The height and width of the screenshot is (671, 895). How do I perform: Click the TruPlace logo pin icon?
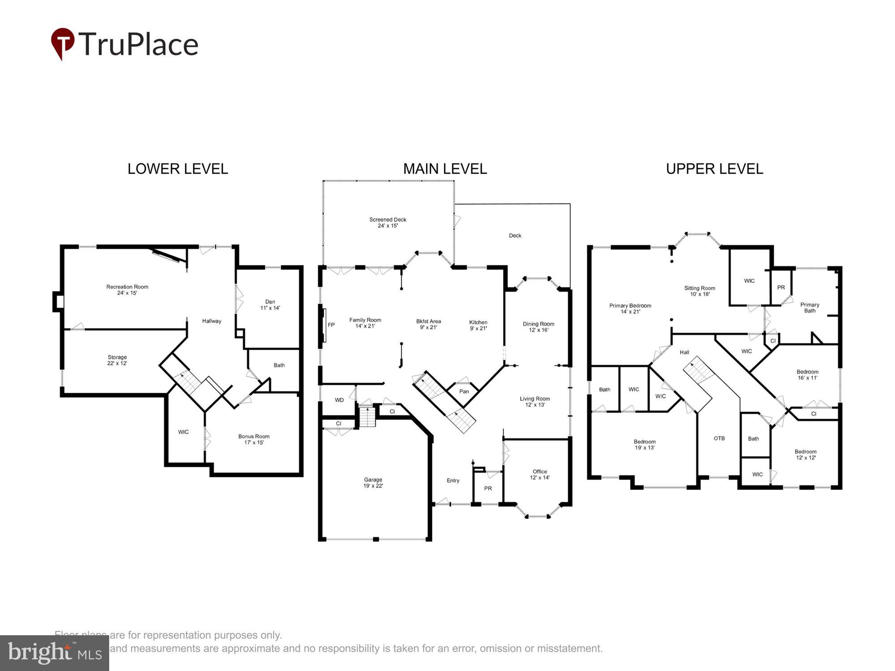point(62,43)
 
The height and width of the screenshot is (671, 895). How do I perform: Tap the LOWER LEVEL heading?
point(178,169)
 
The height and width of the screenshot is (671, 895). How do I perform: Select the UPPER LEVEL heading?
point(714,169)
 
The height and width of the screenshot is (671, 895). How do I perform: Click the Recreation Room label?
point(127,290)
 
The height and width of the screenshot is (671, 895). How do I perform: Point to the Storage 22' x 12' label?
point(117,360)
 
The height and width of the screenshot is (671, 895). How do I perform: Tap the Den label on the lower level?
point(270,305)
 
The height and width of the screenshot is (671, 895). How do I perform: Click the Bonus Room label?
point(254,439)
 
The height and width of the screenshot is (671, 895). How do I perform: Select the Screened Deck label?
point(388,222)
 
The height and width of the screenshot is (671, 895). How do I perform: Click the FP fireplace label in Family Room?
point(331,325)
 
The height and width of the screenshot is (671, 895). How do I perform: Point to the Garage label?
point(373,483)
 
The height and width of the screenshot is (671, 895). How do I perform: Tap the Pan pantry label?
point(464,391)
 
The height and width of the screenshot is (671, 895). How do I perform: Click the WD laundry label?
point(339,400)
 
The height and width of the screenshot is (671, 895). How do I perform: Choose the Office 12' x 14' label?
point(540,475)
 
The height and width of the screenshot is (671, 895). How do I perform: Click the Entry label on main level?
point(453,480)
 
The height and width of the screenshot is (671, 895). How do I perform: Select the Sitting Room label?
point(699,291)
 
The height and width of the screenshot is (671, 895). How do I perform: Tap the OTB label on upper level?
point(719,438)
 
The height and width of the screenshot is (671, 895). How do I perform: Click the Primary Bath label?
point(810,308)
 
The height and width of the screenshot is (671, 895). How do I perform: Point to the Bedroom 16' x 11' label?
point(807,375)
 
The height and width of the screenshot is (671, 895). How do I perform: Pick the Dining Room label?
point(538,327)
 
